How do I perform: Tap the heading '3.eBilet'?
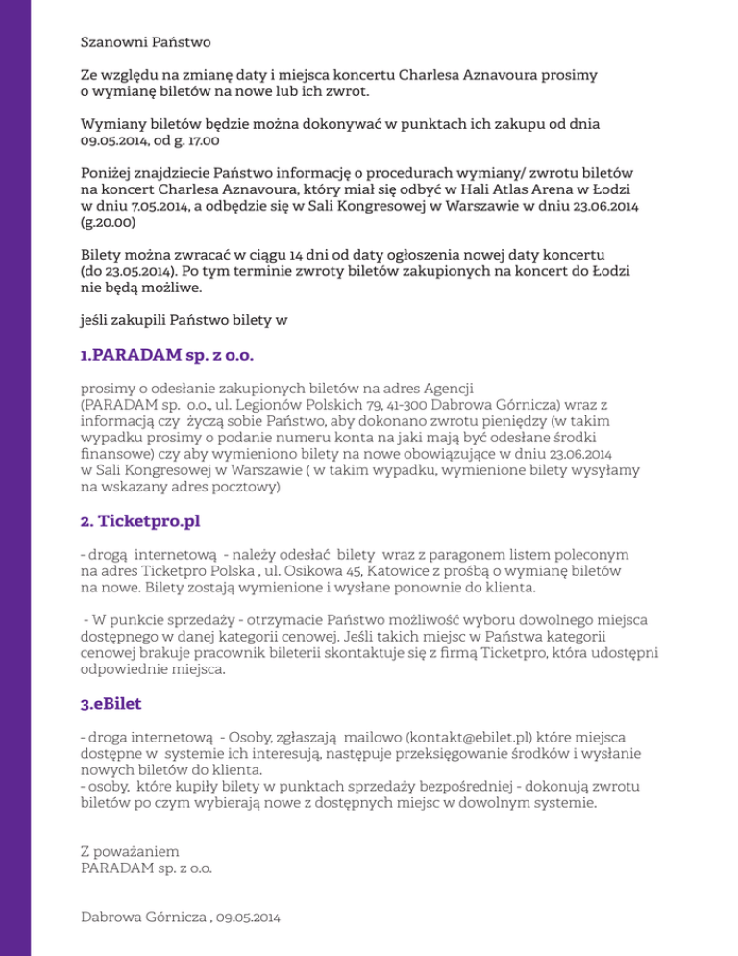click(111, 705)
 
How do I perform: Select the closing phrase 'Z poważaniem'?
click(129, 851)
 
